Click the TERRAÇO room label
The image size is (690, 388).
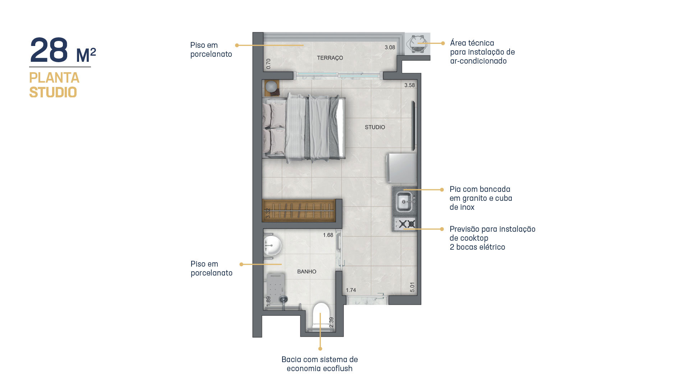(x=330, y=58)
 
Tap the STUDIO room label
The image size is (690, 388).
(x=375, y=127)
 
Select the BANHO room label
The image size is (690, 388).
(x=307, y=272)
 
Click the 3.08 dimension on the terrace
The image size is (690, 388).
(x=390, y=47)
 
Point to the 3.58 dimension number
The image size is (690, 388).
(x=409, y=85)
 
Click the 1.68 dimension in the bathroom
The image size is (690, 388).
(x=328, y=235)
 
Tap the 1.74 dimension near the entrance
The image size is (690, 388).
(x=351, y=290)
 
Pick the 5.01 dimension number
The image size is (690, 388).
(x=412, y=287)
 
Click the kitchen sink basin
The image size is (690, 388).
(x=404, y=202)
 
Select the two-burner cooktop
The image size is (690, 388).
(x=405, y=224)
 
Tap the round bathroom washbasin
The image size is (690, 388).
(x=272, y=246)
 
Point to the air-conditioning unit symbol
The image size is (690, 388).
(x=417, y=44)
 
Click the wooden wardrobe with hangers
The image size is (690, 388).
(x=299, y=211)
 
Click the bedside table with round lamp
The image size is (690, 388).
(x=272, y=88)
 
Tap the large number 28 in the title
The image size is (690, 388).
(x=49, y=50)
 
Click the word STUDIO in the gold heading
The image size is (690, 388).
(x=53, y=92)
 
